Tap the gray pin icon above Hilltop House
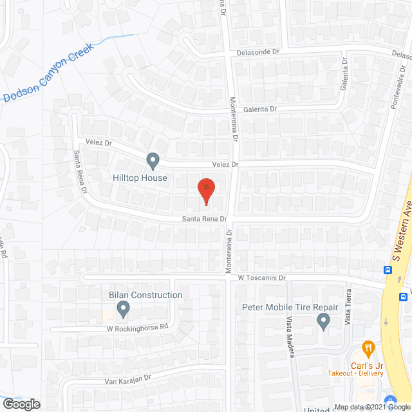153,160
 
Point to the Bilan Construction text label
145,295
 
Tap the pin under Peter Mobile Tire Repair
323,321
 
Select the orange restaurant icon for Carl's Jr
368,349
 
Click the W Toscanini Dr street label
261,278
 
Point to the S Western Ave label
402,228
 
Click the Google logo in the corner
21,404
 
